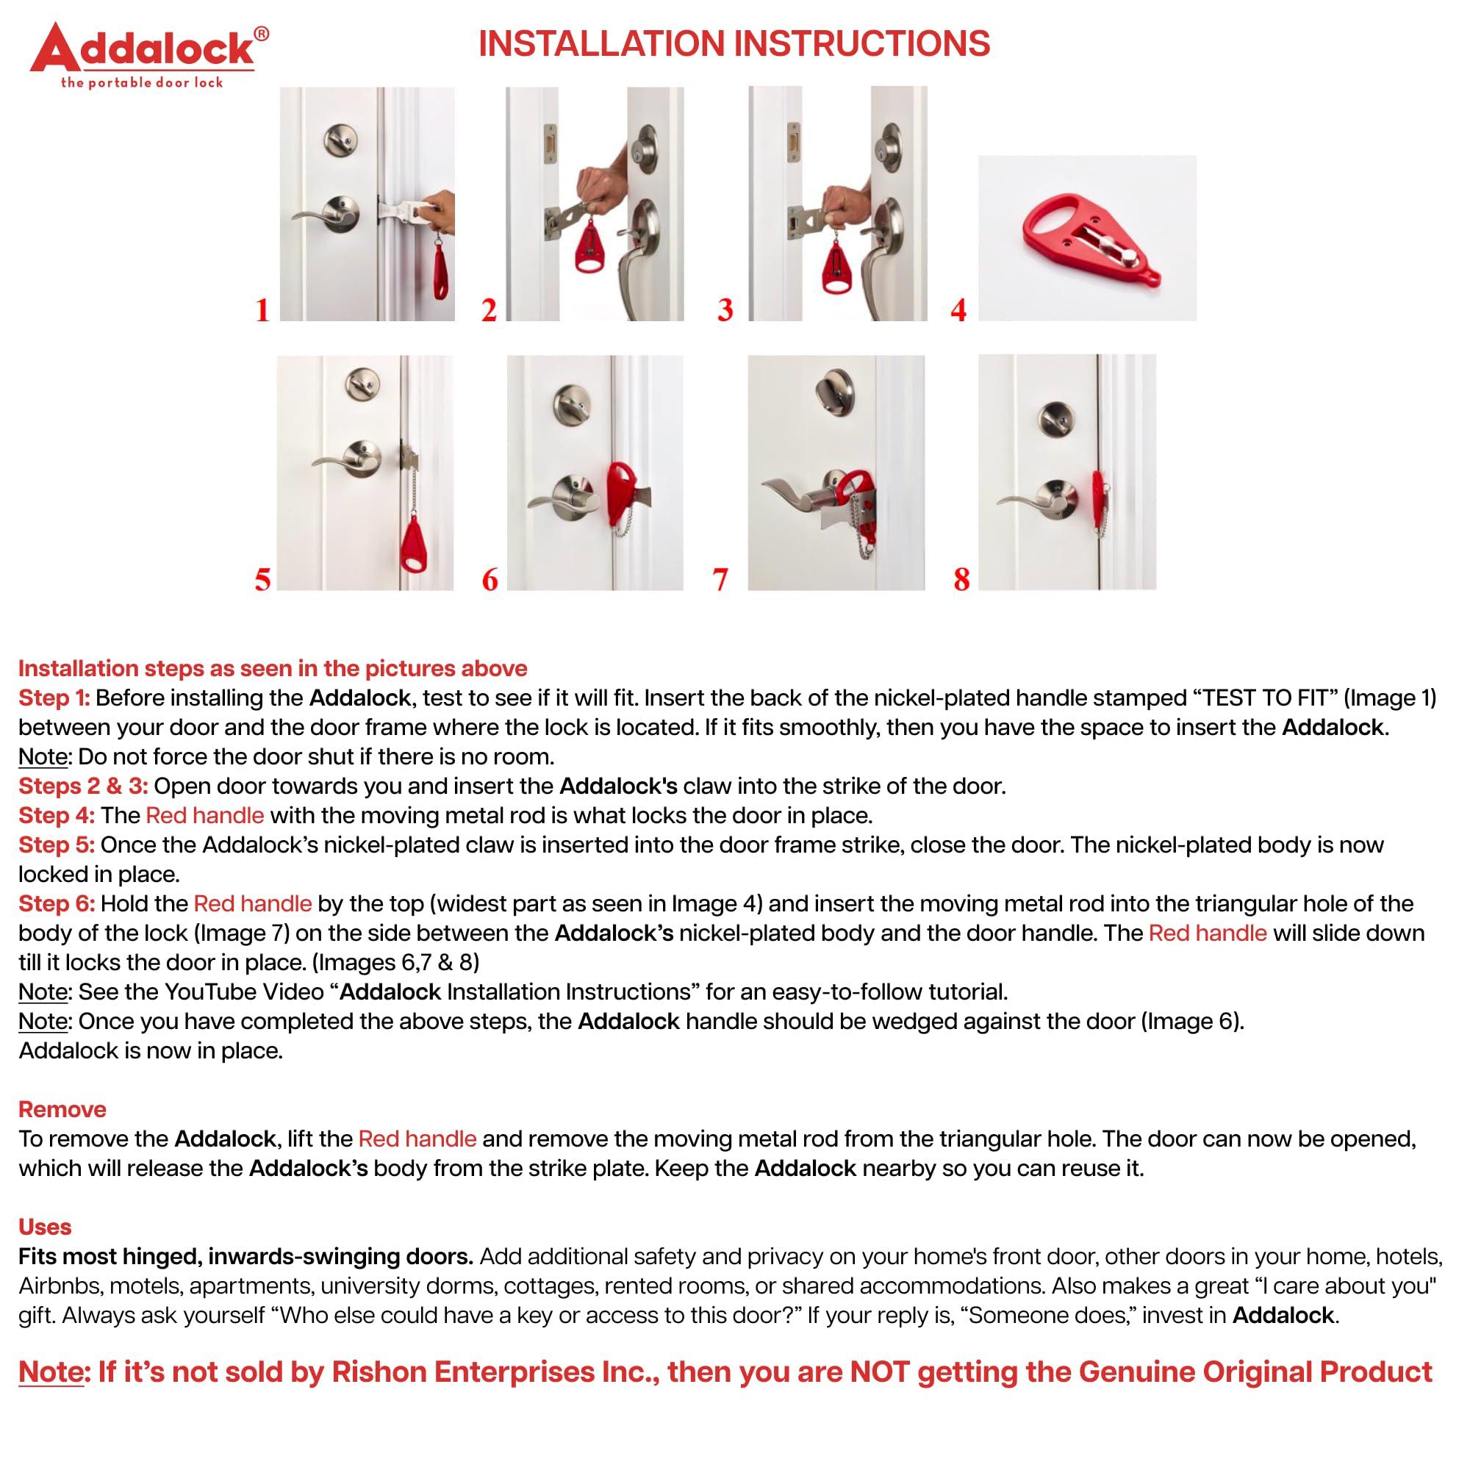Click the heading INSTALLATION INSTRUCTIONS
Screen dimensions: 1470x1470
pos(734,43)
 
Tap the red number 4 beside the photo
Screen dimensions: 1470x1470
pos(958,309)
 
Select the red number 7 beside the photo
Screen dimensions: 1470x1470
pos(720,579)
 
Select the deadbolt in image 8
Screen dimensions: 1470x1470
pos(1055,417)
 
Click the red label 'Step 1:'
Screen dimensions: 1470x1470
pos(54,698)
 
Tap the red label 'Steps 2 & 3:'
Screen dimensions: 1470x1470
pos(83,786)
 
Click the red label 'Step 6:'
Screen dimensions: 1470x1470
pos(57,903)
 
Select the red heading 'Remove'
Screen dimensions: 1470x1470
pos(62,1108)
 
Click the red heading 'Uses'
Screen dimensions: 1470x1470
pos(45,1227)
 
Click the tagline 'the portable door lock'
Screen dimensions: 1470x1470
pos(142,83)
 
